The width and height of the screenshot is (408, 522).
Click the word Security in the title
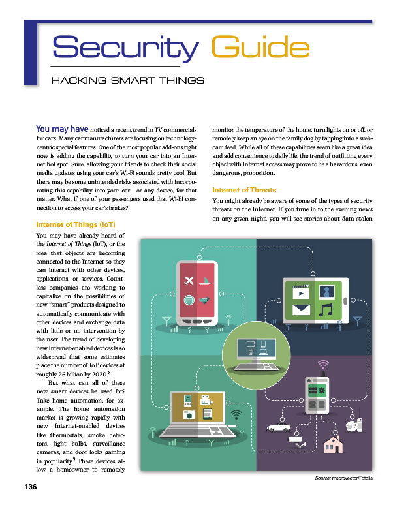124,48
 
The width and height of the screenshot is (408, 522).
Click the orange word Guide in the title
260,50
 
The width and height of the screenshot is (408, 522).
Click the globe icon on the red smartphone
189,300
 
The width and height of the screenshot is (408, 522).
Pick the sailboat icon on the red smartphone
205,281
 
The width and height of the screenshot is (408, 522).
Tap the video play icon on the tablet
301,292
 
